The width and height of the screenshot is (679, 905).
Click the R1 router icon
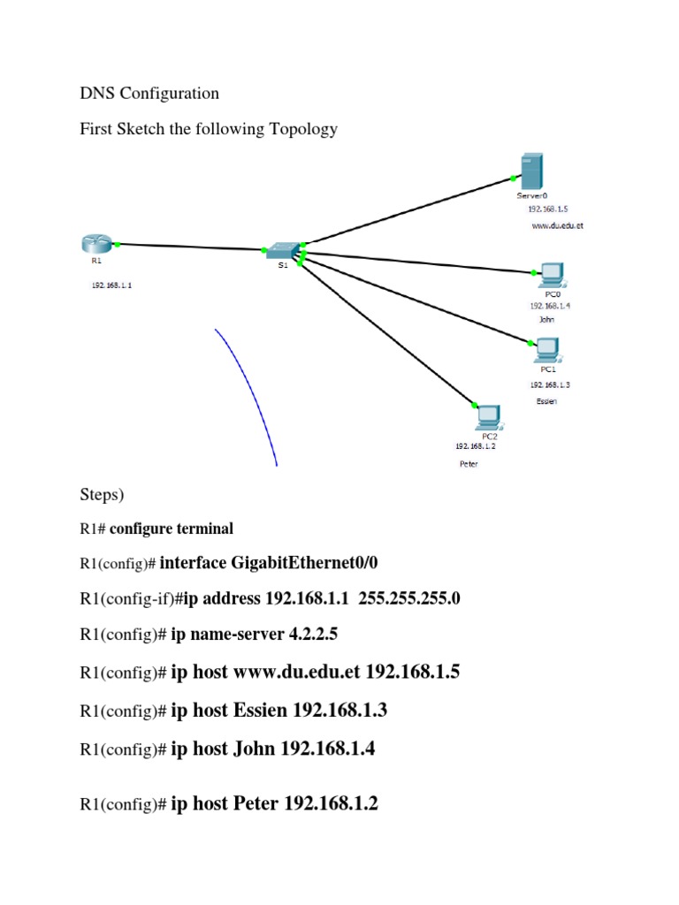coord(96,244)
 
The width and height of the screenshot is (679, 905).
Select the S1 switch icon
coord(283,250)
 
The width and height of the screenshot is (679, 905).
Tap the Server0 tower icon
coord(531,171)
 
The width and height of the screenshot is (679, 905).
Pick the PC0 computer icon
coord(553,276)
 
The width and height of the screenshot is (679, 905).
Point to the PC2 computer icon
coord(489,418)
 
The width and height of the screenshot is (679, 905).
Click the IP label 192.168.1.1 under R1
coord(111,285)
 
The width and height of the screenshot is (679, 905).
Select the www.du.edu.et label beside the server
coord(557,225)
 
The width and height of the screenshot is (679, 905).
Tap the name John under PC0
coord(546,319)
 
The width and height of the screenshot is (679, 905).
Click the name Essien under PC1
coord(546,401)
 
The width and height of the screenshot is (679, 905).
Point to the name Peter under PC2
coord(469,464)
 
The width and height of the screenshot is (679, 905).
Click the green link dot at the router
coord(118,245)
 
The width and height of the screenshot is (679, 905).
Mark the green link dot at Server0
coord(514,179)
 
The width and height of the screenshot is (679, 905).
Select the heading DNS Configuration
coord(149,93)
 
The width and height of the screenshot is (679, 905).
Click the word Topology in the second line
coord(303,129)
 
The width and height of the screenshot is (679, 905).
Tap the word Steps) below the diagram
coord(102,495)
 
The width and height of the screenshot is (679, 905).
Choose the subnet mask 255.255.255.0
coord(408,598)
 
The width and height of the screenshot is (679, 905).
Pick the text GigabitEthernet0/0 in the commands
coord(304,563)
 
